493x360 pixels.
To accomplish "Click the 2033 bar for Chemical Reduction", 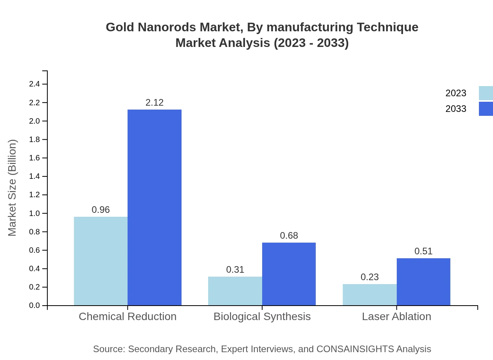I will click(155, 207).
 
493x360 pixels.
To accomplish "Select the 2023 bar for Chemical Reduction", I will click(101, 261).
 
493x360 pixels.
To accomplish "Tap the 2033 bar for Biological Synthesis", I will click(289, 274).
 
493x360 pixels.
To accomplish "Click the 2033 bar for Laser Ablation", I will click(423, 282).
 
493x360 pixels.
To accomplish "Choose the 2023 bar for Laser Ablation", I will click(369, 295).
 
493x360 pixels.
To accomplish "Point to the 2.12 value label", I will click(155, 103).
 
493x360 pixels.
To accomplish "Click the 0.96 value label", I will click(101, 210).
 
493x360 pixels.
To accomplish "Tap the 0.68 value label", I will click(289, 236).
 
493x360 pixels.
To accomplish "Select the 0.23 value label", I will click(369, 277).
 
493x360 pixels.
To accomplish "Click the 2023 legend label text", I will click(456, 93).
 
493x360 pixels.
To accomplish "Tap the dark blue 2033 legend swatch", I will click(486, 109).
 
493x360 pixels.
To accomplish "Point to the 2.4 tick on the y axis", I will click(34, 84).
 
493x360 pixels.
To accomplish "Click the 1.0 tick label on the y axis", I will click(34, 213).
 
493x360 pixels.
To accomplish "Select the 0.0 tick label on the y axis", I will click(34, 306).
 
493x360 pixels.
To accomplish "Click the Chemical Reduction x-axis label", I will click(128, 316).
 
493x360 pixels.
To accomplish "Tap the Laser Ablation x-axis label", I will click(396, 316).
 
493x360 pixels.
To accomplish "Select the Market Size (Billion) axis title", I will click(12, 188).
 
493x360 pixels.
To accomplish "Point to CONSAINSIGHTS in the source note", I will click(355, 349).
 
